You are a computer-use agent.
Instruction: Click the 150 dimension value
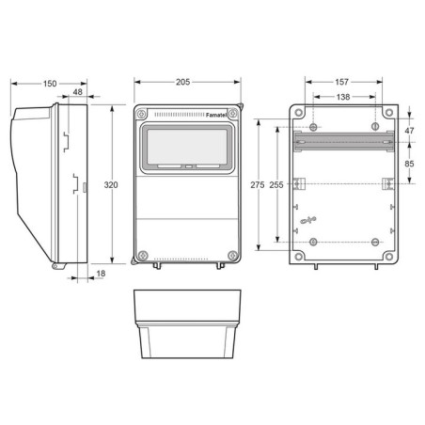50,84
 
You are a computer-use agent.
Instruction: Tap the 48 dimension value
77,92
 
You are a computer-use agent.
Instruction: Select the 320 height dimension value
111,185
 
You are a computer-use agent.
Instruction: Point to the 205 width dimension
182,82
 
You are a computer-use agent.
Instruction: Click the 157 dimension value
341,82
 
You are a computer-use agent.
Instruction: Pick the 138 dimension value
343,97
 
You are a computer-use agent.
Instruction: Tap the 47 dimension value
409,131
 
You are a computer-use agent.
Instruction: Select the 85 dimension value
409,164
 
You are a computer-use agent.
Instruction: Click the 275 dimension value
258,185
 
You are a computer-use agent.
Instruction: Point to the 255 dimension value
276,185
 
